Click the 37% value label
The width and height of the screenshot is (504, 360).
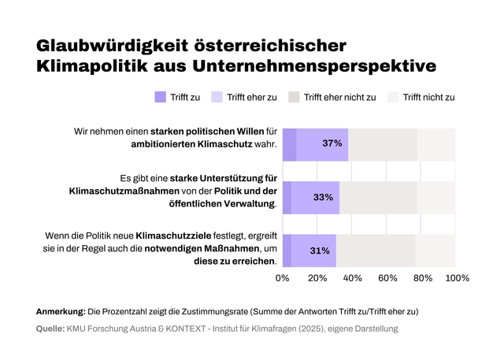332,144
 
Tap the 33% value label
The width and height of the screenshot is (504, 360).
323,198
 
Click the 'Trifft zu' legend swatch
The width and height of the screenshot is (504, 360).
161,98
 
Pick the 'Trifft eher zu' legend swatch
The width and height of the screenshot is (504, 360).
217,98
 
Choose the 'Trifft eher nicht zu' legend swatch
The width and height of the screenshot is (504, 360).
294,98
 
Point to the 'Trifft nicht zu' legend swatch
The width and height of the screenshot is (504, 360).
393,98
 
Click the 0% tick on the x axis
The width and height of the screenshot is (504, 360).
283,278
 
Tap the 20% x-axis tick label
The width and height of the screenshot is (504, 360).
317,278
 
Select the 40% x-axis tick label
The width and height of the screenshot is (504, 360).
352,278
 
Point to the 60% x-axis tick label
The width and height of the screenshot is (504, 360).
387,278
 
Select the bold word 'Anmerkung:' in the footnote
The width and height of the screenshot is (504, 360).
61,311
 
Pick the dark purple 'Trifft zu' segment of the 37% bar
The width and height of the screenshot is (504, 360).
289,144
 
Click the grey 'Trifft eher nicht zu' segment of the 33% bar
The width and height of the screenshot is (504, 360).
378,198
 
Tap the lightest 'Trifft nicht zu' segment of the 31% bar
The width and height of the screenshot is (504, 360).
435,251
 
